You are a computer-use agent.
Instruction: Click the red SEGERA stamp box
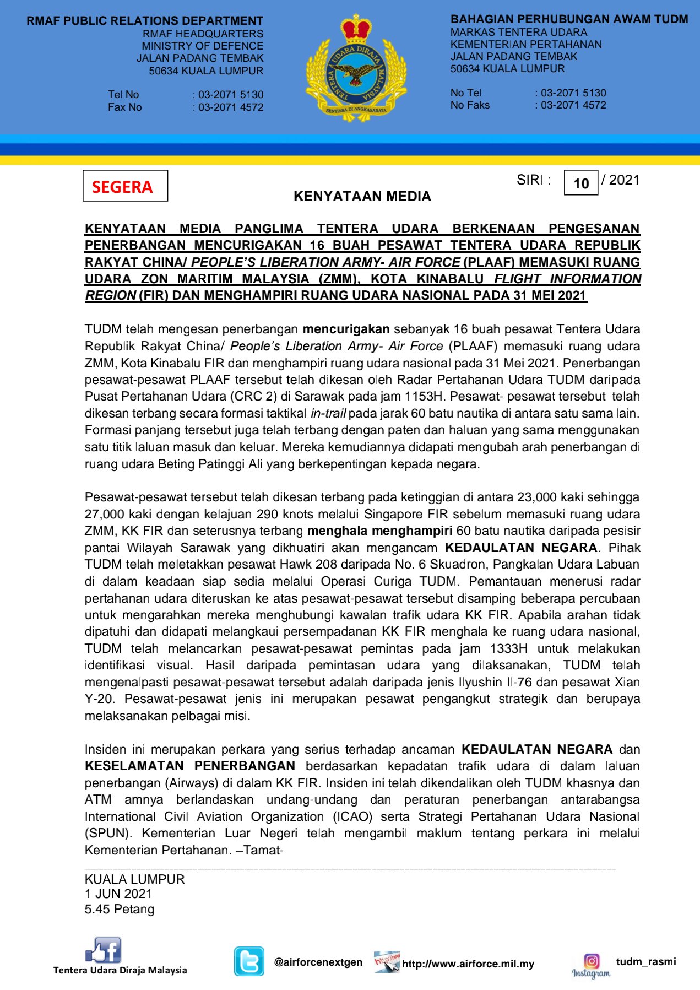click(125, 186)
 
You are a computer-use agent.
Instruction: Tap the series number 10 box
click(581, 183)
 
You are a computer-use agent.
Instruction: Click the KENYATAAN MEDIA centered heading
click(362, 196)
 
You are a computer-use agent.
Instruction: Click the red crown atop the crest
click(356, 29)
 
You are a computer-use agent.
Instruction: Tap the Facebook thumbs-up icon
click(104, 950)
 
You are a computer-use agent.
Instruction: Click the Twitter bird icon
click(249, 961)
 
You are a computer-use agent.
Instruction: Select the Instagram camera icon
click(592, 961)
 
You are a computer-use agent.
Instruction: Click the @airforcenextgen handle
click(318, 962)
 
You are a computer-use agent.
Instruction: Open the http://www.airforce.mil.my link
click(468, 964)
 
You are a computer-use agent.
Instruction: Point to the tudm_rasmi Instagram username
click(646, 961)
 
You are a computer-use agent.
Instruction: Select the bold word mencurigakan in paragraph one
click(346, 329)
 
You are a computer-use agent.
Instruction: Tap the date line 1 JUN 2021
click(118, 894)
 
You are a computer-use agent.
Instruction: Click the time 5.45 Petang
click(120, 909)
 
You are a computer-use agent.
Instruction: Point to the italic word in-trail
click(328, 413)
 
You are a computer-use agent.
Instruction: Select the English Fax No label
click(125, 107)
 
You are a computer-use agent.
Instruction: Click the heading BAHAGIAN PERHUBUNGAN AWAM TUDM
click(569, 19)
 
